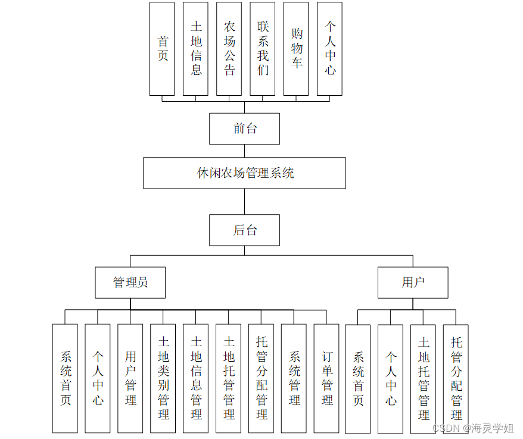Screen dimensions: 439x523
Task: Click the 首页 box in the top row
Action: [162, 49]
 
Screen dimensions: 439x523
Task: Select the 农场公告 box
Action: [229, 49]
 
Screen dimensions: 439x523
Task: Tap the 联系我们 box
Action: [263, 49]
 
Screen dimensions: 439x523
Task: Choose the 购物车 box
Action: [296, 49]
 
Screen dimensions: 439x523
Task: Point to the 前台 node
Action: [244, 128]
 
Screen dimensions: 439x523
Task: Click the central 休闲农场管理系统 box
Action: [244, 173]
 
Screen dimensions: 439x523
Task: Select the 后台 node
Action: [244, 230]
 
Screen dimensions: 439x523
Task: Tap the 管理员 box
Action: [130, 283]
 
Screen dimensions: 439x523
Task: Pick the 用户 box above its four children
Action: [413, 283]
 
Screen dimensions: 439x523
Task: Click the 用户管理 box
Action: [130, 378]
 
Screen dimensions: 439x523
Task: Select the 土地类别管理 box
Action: [163, 378]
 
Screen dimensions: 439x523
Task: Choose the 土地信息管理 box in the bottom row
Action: [196, 378]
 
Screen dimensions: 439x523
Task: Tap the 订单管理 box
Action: [327, 378]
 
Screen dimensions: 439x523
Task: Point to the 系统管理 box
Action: [294, 378]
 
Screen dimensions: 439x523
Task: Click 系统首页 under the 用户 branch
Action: [358, 378]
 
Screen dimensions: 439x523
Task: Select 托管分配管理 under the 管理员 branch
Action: [261, 378]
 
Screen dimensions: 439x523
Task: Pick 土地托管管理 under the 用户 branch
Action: [424, 378]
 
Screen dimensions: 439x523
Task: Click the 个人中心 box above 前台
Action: [329, 49]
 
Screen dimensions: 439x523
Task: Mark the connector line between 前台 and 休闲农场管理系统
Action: [244, 150]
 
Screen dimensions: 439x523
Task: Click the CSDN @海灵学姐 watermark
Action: [473, 428]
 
